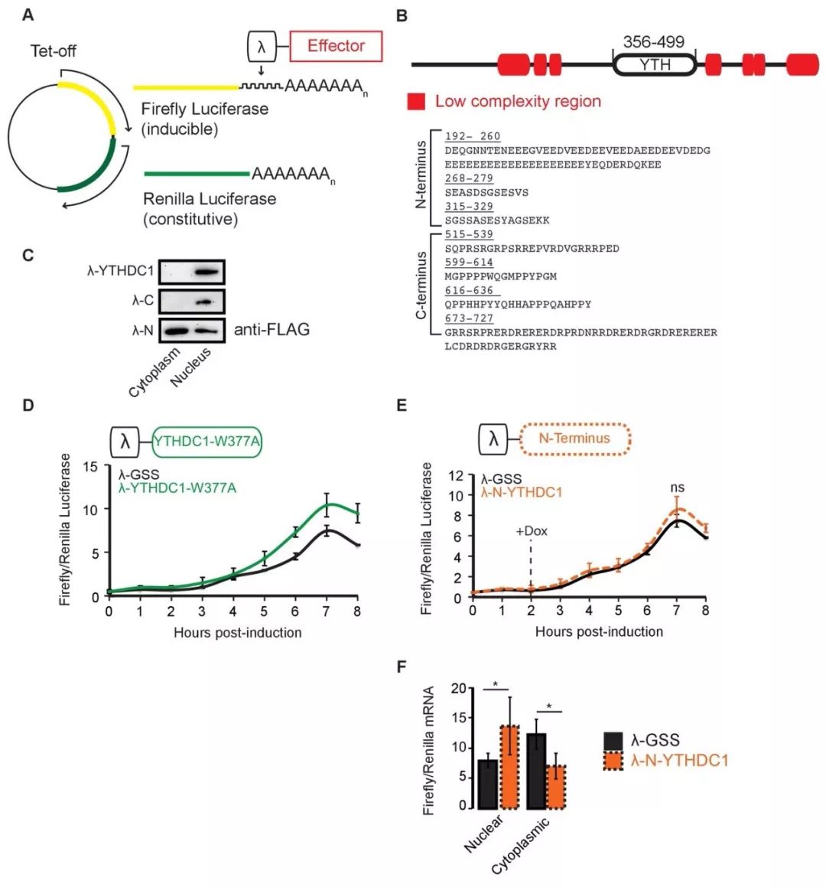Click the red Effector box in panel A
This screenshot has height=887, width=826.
pyautogui.click(x=336, y=47)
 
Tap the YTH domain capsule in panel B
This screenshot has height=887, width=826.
pyautogui.click(x=655, y=65)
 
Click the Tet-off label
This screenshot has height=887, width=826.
pyautogui.click(x=54, y=51)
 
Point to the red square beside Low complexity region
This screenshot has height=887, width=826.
pyautogui.click(x=416, y=102)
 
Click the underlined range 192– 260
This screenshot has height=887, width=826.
pyautogui.click(x=472, y=137)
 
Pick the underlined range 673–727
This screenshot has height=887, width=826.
pyautogui.click(x=469, y=318)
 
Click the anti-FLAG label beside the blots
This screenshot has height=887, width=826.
pyautogui.click(x=272, y=330)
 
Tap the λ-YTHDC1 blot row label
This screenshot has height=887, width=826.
pyautogui.click(x=120, y=271)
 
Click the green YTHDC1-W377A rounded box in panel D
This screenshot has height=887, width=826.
pyautogui.click(x=207, y=441)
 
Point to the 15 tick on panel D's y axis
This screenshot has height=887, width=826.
pyautogui.click(x=91, y=466)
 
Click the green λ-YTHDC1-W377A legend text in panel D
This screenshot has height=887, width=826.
pyautogui.click(x=177, y=488)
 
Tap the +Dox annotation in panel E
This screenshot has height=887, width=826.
pyautogui.click(x=531, y=531)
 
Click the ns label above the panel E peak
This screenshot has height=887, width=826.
pyautogui.click(x=676, y=488)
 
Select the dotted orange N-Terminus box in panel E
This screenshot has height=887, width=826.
pyautogui.click(x=574, y=439)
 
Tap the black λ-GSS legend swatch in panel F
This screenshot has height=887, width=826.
pyautogui.click(x=613, y=741)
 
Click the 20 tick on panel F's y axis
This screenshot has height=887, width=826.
pyautogui.click(x=458, y=689)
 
